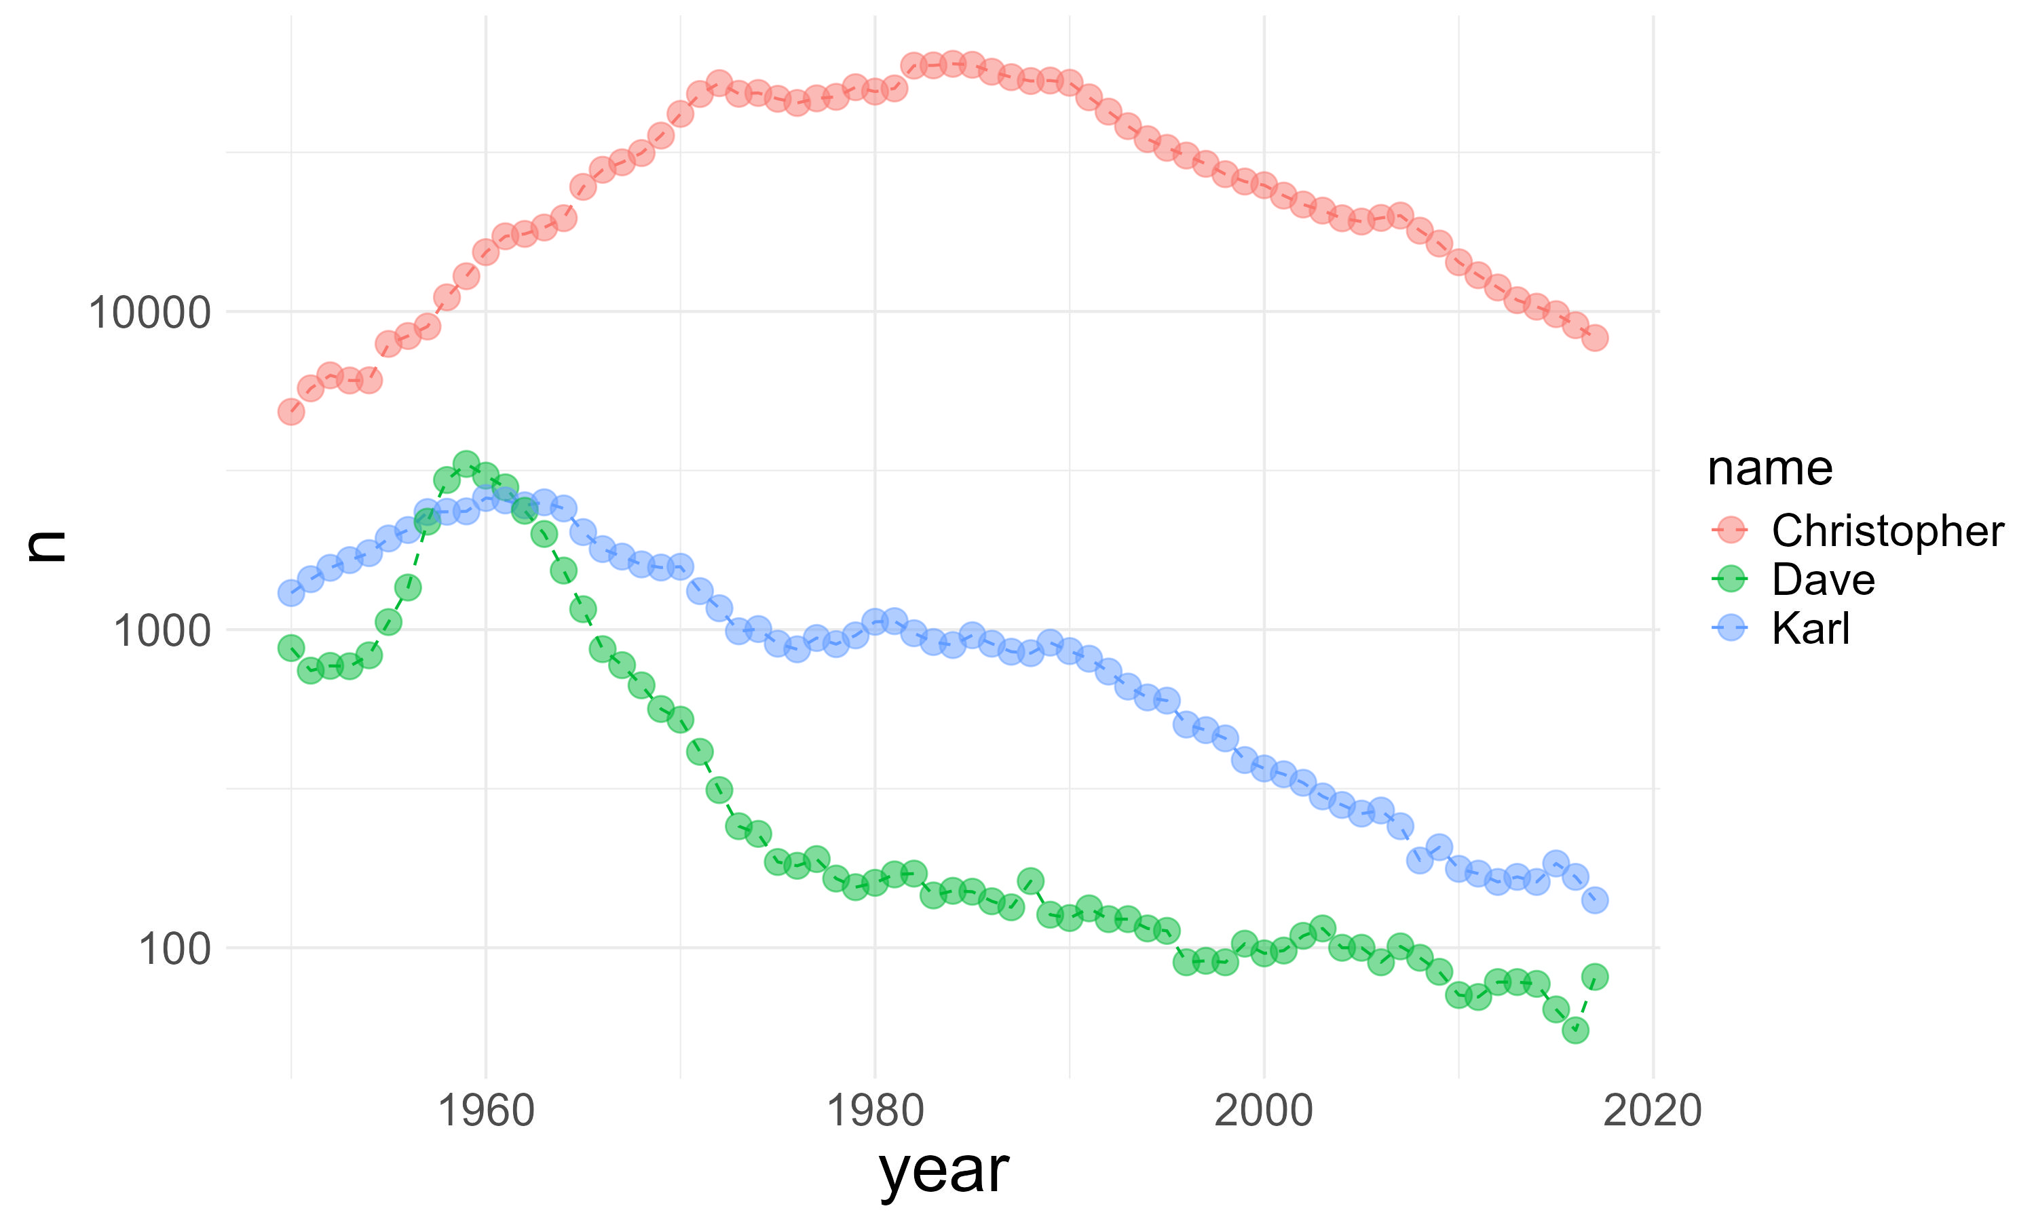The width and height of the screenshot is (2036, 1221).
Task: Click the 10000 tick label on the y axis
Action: point(149,313)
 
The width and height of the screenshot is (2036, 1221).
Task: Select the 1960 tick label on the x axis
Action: point(485,1110)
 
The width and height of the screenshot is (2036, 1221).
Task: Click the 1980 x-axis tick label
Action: point(875,1110)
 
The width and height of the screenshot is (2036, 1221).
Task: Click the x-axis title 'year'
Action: point(944,1170)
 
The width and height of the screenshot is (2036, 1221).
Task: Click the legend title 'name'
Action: point(1770,469)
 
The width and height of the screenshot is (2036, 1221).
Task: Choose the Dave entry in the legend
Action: point(1823,580)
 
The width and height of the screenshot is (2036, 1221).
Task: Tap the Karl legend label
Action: point(1811,629)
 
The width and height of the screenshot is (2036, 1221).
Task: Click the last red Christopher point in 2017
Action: point(1595,337)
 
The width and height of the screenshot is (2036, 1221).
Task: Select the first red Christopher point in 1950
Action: point(291,411)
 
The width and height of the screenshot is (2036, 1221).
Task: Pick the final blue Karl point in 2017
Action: point(1595,900)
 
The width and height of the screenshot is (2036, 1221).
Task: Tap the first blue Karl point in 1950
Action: point(291,592)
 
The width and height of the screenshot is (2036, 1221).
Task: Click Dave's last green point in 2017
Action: point(1595,977)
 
